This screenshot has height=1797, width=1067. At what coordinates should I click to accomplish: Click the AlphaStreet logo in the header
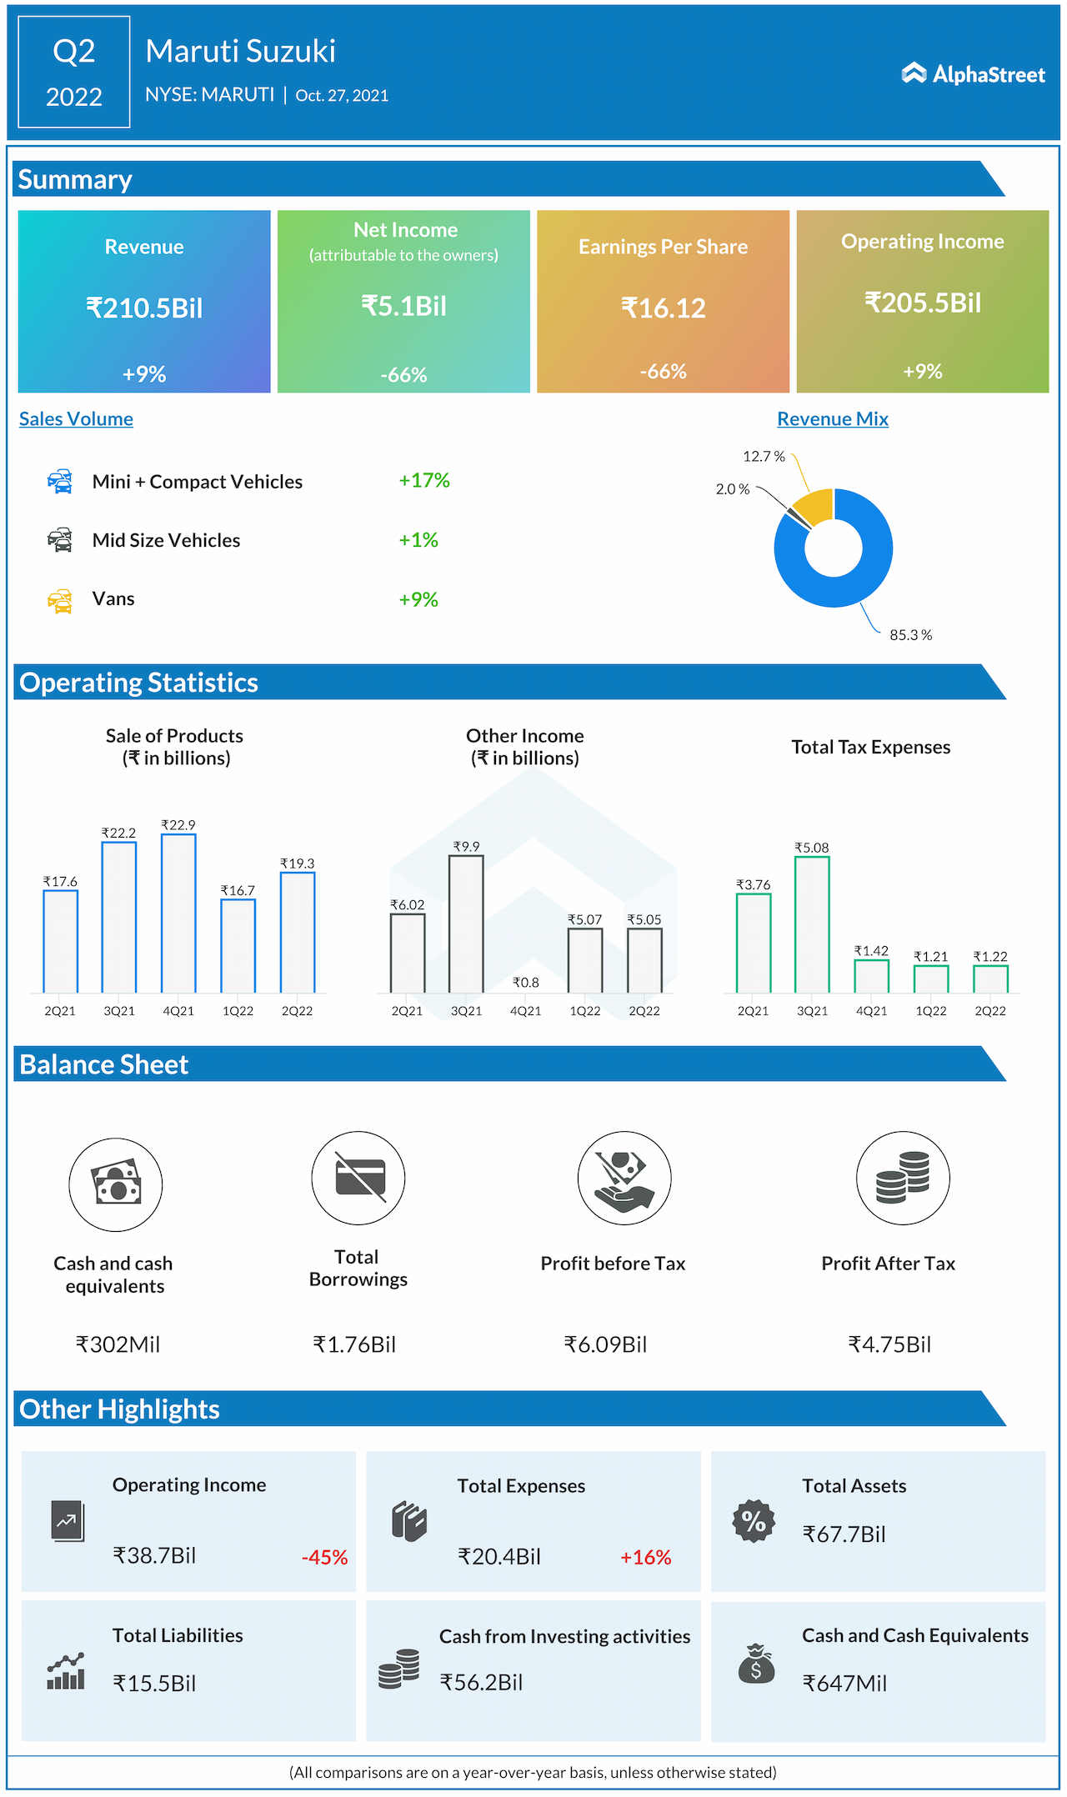973,74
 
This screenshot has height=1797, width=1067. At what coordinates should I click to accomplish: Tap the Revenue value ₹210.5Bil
144,308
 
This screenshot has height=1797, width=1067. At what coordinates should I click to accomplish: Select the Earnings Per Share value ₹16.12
663,308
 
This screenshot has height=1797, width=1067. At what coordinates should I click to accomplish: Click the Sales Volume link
76,419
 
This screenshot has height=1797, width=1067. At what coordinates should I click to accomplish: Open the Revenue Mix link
832,419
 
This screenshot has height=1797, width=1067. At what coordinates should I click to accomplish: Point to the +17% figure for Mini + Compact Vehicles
423,481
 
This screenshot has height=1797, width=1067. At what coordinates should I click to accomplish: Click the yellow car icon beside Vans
60,600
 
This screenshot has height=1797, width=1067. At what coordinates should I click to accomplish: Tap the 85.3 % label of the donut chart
910,635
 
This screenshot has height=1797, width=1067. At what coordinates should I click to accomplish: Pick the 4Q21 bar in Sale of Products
178,913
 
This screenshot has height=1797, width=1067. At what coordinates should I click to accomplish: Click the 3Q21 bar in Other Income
466,924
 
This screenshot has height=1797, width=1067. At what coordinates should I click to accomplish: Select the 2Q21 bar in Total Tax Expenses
753,943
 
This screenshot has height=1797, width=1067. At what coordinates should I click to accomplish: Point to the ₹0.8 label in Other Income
525,983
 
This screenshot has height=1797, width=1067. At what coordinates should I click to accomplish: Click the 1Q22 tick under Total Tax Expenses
930,1011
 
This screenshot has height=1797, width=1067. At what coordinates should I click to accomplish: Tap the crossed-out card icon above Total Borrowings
358,1178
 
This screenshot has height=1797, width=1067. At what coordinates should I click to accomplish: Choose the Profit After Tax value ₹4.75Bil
889,1344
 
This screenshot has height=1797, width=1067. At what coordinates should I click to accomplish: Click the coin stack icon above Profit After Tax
903,1178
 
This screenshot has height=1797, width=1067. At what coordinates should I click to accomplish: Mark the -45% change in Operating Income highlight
324,1557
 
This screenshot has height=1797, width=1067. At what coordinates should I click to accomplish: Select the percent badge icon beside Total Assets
754,1521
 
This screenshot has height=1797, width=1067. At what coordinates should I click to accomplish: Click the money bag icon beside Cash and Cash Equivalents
755,1664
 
